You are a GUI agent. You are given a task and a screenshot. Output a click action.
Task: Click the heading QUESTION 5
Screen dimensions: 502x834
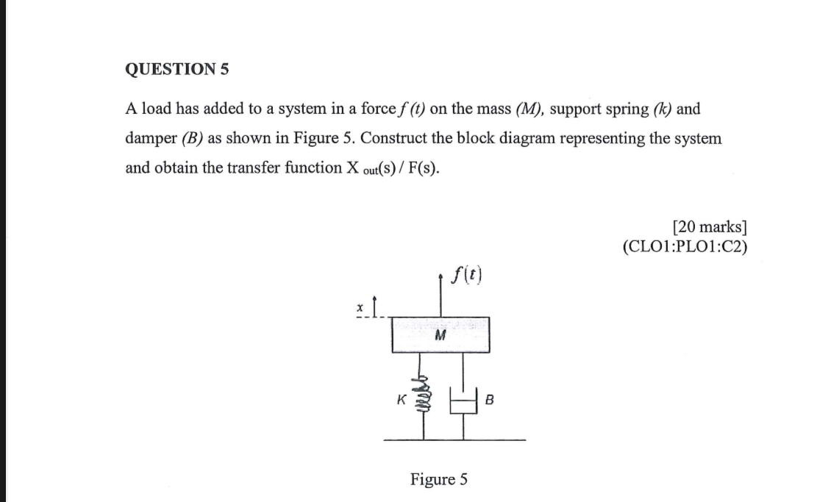coord(177,70)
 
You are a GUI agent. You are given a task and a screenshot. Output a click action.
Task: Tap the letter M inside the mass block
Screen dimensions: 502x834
coord(441,336)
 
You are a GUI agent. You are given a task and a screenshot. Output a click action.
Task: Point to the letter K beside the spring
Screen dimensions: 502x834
coord(401,401)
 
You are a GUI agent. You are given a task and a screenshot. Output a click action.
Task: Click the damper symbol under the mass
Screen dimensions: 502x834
coord(463,401)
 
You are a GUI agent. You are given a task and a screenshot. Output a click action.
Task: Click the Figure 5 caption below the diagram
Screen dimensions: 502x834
coord(438,480)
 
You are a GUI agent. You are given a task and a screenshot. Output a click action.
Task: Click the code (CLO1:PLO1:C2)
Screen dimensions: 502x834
coord(685,245)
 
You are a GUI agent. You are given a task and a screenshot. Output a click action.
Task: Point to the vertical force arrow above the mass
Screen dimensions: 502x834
coord(441,297)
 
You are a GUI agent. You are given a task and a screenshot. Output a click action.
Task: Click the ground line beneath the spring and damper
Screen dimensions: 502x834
coord(455,440)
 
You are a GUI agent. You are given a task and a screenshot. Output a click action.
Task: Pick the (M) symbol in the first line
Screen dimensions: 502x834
coord(527,110)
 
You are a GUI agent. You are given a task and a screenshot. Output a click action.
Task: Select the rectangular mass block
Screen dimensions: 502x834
coord(441,334)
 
